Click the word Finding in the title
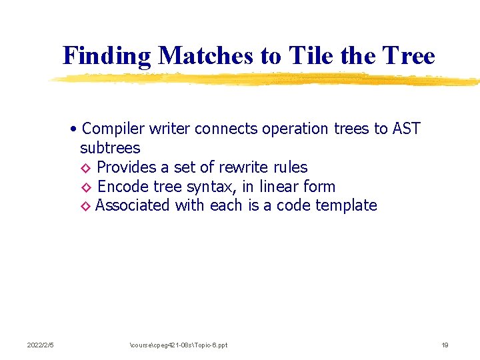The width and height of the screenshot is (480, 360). pos(107,56)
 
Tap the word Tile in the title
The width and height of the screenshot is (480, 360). pos(311,56)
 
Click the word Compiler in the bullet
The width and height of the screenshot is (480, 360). pos(114,129)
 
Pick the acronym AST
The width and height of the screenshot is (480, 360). pos(406,129)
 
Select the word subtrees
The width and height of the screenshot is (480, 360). pos(110,148)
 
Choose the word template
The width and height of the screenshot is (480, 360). pos(346,206)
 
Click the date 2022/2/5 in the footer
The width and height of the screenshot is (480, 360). pos(40,345)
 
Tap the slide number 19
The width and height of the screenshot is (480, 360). pos(445,345)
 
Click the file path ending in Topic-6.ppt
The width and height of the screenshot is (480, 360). pos(179,345)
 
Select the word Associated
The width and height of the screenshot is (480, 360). pos(133,206)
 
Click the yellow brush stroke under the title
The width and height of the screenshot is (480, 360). pos(267,79)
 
